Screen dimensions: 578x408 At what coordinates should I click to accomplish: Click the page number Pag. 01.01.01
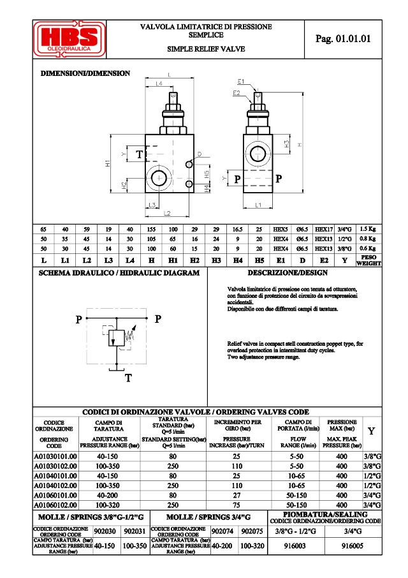[x=343, y=39]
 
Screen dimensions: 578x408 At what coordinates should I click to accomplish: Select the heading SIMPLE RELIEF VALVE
[x=205, y=48]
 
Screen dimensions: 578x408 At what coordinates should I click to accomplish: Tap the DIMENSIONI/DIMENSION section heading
[x=85, y=73]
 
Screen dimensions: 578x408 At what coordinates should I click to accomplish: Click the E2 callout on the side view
[x=237, y=93]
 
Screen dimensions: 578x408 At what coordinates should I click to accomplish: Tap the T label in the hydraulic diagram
[x=127, y=378]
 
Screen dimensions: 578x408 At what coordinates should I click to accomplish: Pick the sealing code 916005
[x=353, y=546]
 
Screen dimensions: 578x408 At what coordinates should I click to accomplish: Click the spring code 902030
[x=105, y=531]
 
